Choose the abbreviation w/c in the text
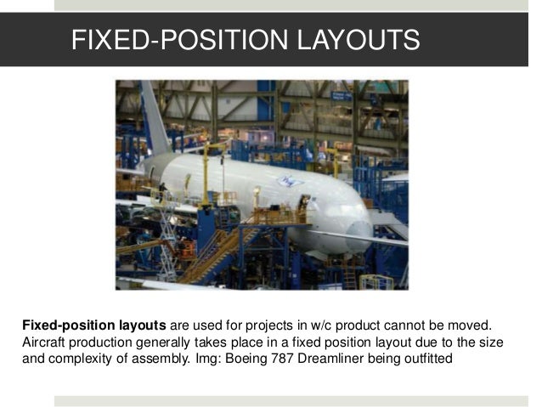click(331, 325)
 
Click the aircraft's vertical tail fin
click(154, 119)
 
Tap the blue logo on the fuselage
click(290, 180)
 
